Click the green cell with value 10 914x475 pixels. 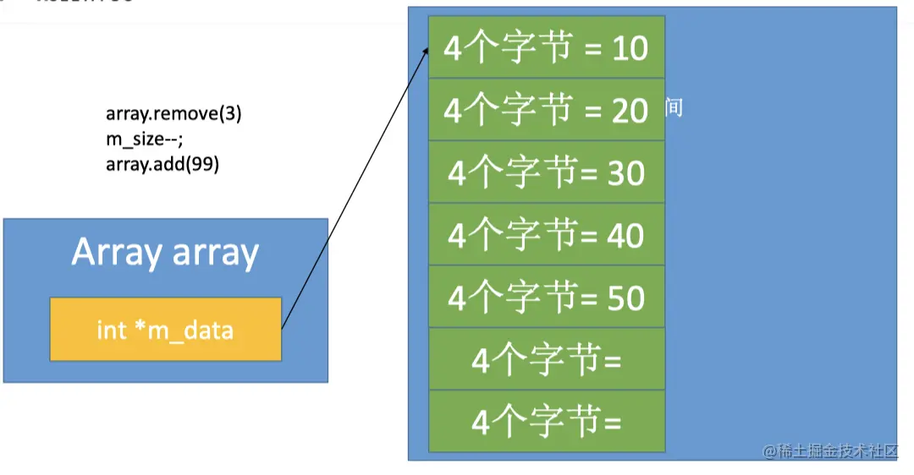pos(546,47)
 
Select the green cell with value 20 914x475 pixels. pos(546,110)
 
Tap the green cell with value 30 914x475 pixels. pos(546,172)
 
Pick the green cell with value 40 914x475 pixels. pos(546,235)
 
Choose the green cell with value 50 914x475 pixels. pos(546,298)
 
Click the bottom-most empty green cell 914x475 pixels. pos(546,422)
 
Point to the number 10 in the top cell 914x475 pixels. pos(629,48)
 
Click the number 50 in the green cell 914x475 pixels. pos(625,298)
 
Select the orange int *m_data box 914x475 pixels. pos(165,329)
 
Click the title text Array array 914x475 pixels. pos(165,252)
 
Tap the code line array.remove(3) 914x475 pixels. pos(173,114)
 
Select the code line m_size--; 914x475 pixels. pos(145,139)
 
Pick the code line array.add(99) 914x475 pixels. pos(162,165)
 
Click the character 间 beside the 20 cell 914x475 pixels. pos(674,107)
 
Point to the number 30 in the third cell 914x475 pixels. pos(625,173)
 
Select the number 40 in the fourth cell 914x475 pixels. pos(625,236)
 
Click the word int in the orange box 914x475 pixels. pos(111,330)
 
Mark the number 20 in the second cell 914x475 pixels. pos(629,111)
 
